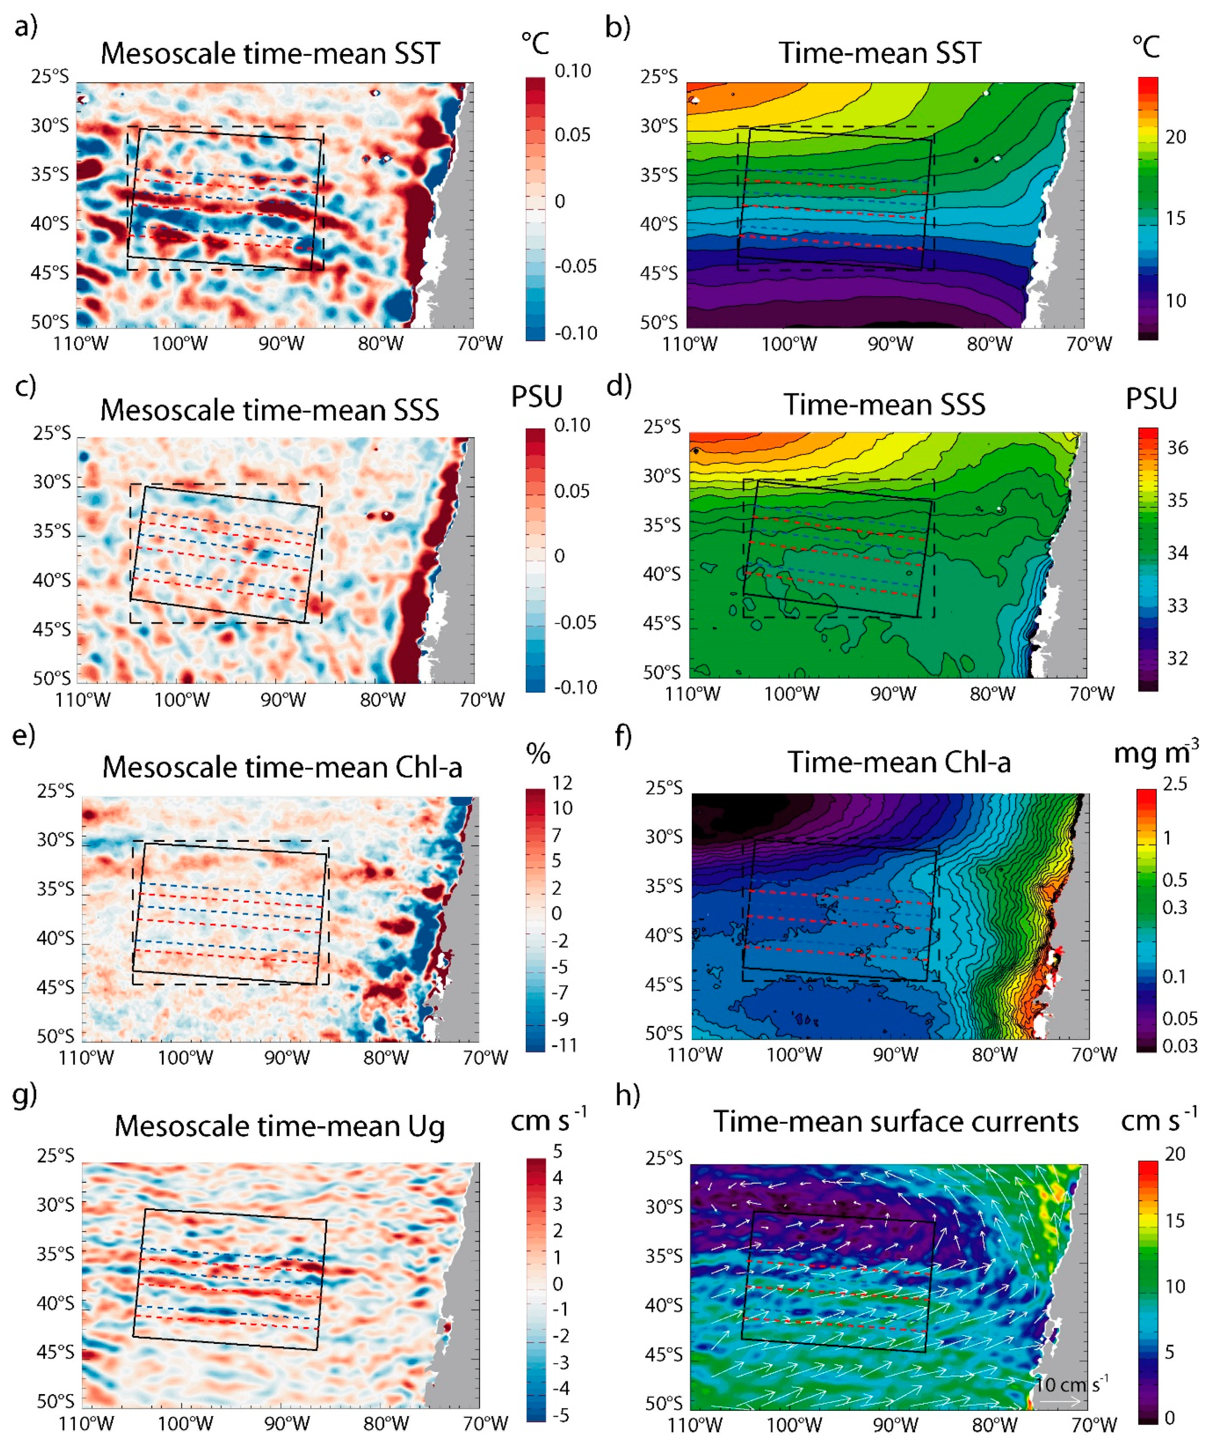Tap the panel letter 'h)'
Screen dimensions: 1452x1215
627,1095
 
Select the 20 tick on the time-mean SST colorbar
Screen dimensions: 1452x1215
1175,137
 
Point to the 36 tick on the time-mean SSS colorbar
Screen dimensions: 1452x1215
1177,448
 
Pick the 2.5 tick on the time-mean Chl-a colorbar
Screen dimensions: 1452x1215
1175,784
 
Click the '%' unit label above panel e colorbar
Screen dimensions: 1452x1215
538,753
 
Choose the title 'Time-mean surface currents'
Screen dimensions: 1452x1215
896,1122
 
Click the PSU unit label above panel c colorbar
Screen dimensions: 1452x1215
536,397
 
